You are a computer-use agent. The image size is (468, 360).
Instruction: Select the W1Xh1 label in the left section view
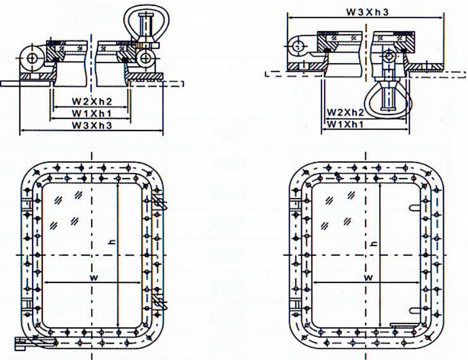[x=90, y=113]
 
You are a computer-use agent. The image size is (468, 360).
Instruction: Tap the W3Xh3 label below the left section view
[x=90, y=125]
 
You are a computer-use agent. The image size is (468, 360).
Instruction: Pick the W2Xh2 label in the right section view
[x=346, y=112]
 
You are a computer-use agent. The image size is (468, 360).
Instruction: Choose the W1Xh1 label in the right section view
[x=346, y=124]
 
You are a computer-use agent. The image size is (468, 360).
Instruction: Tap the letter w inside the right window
[x=368, y=277]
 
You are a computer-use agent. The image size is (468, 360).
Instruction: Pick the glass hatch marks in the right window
[x=337, y=209]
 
